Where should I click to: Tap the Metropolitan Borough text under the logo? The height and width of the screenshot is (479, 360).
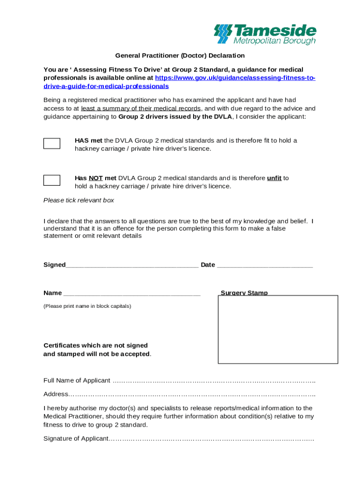tap(274, 41)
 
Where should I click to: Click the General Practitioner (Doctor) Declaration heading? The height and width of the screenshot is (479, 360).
tap(180, 56)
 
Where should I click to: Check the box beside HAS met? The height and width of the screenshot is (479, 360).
tap(52, 144)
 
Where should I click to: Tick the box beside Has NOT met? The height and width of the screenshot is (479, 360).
tap(52, 180)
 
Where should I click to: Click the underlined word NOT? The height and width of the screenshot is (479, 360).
tap(96, 178)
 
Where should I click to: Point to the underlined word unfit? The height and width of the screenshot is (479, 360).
tap(274, 178)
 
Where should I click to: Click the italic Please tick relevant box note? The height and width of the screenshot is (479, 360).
tap(79, 201)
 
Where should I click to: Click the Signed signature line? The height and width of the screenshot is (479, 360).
tap(132, 266)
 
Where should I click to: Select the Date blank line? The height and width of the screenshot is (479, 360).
tap(265, 266)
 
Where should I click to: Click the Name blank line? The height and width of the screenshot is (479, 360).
tap(131, 294)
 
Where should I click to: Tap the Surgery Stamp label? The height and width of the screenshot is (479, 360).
tap(244, 293)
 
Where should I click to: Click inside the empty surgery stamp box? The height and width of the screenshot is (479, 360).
tap(278, 330)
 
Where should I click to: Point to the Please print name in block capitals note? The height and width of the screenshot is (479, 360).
tap(87, 306)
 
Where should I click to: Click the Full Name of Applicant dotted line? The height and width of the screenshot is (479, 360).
tap(213, 381)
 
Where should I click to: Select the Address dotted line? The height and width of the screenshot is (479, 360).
tap(192, 394)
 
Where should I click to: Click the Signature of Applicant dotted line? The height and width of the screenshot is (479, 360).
tap(211, 439)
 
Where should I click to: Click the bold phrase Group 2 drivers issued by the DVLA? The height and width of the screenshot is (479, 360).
tap(175, 117)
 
